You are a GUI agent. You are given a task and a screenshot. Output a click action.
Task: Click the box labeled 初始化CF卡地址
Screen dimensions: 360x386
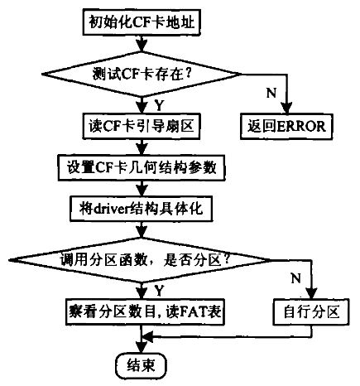click(142, 22)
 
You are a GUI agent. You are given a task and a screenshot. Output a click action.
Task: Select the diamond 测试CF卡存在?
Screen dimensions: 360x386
click(142, 74)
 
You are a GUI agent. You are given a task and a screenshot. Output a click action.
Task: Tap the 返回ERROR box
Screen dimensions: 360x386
click(286, 126)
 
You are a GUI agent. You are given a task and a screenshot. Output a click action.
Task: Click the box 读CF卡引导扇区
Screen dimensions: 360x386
click(141, 126)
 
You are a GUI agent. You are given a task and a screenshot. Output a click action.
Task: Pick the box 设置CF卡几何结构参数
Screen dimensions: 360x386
click(142, 167)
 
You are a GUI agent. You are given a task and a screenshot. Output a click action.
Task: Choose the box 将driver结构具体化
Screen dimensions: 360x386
click(141, 209)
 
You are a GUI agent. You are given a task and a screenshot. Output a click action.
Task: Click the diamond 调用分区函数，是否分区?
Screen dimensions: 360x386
click(140, 260)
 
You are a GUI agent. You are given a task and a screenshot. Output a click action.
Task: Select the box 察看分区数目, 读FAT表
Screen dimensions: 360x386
click(145, 311)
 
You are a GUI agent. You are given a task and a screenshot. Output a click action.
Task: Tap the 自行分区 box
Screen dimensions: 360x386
click(311, 311)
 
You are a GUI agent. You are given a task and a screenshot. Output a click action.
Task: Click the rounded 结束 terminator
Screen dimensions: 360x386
click(141, 366)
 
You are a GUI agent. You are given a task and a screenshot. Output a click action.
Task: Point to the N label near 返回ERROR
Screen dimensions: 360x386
click(271, 93)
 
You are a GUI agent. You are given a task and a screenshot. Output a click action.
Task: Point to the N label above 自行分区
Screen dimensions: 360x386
click(295, 278)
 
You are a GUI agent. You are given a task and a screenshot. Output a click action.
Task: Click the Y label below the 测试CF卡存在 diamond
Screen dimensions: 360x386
click(159, 105)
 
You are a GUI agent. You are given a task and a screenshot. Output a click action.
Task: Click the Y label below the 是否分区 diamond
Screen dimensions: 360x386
click(159, 291)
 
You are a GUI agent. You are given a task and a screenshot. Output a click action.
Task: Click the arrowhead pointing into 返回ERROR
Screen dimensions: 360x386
click(287, 108)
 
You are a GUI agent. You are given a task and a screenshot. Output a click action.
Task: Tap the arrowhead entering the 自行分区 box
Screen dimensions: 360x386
click(312, 292)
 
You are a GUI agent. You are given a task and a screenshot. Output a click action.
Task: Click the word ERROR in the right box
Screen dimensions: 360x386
click(300, 127)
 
